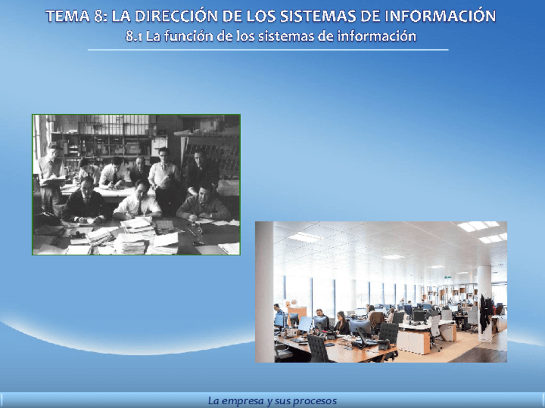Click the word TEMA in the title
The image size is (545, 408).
(x=67, y=16)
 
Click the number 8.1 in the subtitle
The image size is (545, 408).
(x=134, y=37)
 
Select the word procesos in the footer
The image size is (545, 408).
(x=316, y=402)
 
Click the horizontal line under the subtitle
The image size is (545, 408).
(x=268, y=50)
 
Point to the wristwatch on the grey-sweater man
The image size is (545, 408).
(x=211, y=216)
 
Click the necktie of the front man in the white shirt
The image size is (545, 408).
(x=139, y=208)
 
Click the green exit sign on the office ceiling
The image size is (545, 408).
(x=448, y=278)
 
